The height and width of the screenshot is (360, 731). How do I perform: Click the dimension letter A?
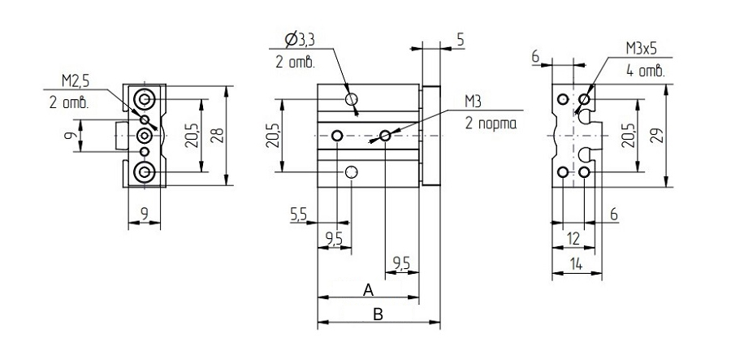coord(368,290)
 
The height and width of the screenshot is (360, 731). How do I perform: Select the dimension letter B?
coord(378,314)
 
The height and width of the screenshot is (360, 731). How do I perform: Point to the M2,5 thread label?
coord(76,81)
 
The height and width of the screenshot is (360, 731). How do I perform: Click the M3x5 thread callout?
coord(645,49)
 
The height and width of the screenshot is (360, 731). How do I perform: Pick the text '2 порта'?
coord(491,124)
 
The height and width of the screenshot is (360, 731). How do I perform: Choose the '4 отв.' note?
coord(646,72)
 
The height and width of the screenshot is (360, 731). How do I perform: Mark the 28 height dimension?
coord(219,137)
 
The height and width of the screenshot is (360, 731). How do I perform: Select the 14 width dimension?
coord(577,264)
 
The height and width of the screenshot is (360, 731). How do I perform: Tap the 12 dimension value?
coord(573,239)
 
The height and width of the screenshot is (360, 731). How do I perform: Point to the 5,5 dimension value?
coord(299,214)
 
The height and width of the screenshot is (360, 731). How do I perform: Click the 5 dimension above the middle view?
coord(461,40)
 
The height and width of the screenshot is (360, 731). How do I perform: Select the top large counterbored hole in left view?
coord(144,99)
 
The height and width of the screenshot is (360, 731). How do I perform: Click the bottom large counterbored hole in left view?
coord(144,172)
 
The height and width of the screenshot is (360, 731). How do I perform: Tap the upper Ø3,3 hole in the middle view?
coord(352,99)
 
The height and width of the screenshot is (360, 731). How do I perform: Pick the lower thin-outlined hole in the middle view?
coord(352,172)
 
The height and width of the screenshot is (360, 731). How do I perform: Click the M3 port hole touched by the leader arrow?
coord(385,136)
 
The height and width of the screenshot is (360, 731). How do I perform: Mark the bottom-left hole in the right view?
coord(563,172)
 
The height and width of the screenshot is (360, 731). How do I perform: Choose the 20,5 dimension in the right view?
coord(628,136)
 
